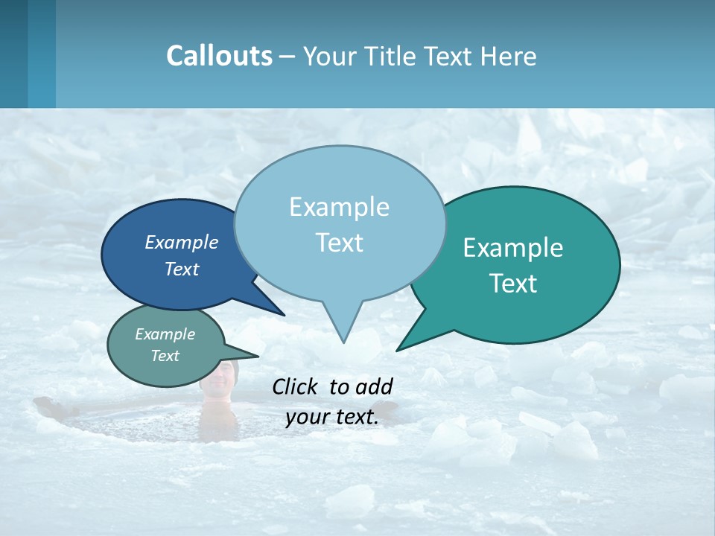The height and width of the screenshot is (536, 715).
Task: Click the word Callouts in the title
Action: point(219,56)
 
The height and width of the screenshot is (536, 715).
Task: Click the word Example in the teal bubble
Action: point(513,247)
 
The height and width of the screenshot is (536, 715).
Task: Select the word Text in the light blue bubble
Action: point(340,243)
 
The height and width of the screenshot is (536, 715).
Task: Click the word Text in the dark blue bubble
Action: point(182,269)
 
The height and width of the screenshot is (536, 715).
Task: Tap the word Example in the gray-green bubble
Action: point(165,334)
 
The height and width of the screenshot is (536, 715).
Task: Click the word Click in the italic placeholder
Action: point(296,386)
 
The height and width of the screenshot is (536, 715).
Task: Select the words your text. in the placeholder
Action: point(332,418)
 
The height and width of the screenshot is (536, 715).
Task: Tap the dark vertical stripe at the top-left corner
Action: point(13,54)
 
